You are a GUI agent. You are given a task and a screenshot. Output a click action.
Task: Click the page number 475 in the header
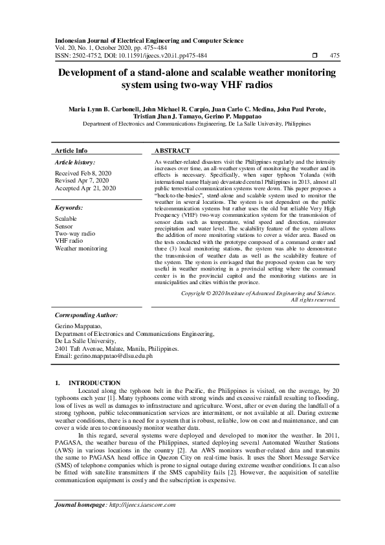tap(335, 56)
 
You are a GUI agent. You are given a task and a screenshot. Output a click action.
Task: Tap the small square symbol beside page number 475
tap(314, 56)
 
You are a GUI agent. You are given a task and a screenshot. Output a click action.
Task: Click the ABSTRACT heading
tap(173, 150)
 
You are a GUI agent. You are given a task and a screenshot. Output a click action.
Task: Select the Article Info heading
tap(71, 150)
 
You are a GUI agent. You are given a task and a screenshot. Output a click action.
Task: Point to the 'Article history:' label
tap(75, 162)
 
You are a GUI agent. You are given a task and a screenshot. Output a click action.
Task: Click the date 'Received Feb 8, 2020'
tap(83, 173)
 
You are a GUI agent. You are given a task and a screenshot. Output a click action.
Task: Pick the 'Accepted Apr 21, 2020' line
tap(85, 188)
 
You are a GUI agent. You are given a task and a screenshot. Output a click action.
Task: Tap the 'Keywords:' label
tap(69, 208)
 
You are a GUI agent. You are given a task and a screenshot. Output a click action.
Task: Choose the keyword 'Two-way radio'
tap(75, 233)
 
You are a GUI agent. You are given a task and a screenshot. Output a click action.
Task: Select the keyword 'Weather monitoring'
tap(82, 247)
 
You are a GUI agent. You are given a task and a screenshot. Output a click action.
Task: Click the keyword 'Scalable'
tap(67, 219)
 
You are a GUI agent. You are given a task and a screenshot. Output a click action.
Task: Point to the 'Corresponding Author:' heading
tap(86, 315)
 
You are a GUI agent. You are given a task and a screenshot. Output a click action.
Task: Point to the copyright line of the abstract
tap(258, 293)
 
